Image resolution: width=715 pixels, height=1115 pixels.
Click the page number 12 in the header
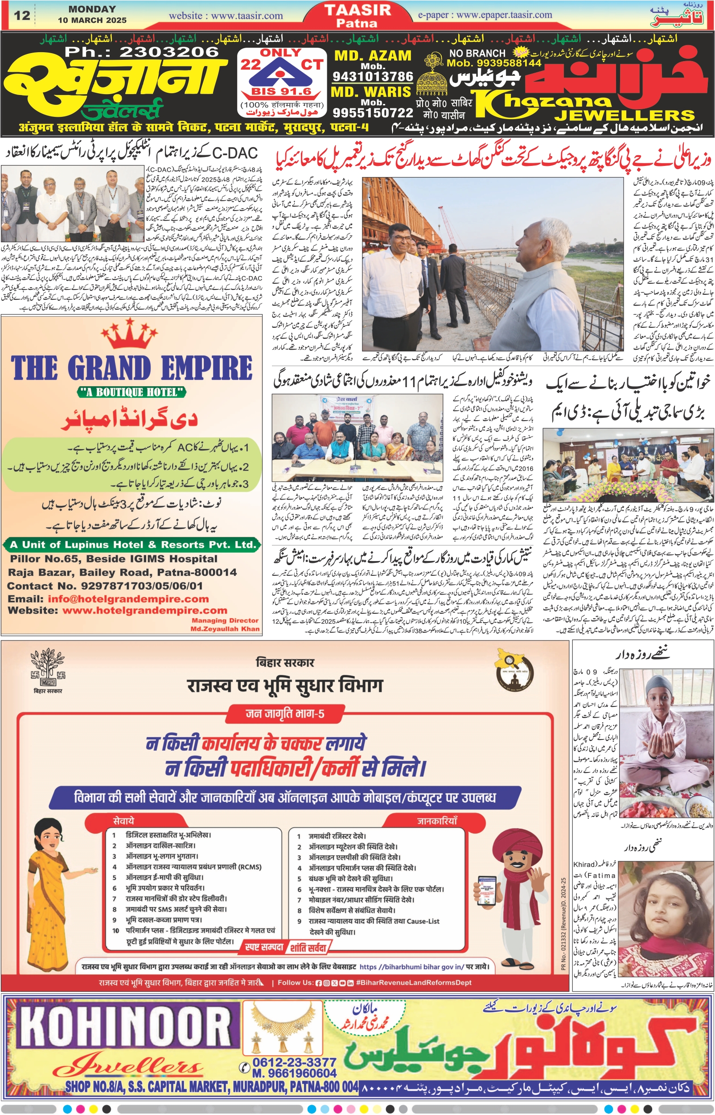click(22, 15)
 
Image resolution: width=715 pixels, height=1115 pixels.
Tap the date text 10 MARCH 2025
click(92, 21)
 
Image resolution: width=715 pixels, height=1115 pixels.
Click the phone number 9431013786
click(372, 76)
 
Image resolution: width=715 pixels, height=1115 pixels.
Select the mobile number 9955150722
click(373, 112)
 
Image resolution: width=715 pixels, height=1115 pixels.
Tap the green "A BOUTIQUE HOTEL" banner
click(131, 392)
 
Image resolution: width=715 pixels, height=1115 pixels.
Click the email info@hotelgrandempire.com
click(127, 599)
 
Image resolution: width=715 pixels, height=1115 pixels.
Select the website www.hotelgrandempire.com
click(144, 610)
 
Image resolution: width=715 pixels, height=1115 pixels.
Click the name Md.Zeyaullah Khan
click(225, 628)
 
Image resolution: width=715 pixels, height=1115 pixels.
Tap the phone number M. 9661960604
click(294, 1073)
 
